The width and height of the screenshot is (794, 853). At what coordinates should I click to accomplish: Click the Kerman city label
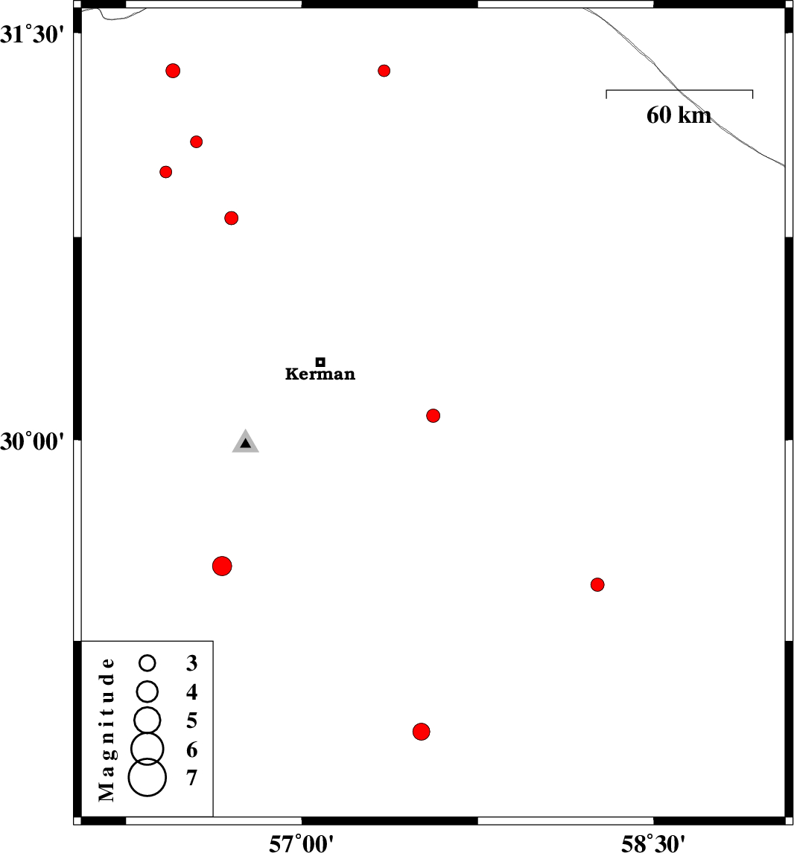[320, 374]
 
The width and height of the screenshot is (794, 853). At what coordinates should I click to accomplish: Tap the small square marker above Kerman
[320, 362]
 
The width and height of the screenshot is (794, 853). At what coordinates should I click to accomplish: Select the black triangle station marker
[246, 441]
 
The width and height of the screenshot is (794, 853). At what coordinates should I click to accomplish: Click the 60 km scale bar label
[679, 115]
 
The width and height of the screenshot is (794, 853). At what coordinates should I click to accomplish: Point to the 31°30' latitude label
[32, 34]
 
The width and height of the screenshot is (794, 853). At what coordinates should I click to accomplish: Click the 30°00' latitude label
[32, 441]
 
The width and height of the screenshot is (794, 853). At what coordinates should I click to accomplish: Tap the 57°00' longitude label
[302, 843]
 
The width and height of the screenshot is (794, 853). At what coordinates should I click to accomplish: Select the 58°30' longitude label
[653, 843]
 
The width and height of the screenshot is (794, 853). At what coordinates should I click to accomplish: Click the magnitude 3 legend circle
[147, 662]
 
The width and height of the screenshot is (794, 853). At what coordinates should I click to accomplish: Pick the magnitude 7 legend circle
[147, 777]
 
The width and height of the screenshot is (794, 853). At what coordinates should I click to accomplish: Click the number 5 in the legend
[191, 721]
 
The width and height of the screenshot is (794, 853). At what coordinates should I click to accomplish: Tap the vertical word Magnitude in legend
[107, 729]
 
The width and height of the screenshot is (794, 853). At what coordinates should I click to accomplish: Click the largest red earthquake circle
[222, 566]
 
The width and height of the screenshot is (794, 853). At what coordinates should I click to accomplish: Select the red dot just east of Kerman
[433, 415]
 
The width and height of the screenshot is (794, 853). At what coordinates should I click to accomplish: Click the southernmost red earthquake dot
[422, 732]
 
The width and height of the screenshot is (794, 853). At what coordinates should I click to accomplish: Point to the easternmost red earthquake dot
[597, 585]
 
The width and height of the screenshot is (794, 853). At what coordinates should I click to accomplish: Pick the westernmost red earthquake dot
[166, 172]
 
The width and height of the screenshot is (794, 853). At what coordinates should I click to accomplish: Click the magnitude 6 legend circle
[147, 749]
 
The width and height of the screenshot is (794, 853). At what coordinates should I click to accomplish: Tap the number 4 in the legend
[191, 692]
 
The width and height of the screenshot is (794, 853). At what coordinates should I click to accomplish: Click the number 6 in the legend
[191, 750]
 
